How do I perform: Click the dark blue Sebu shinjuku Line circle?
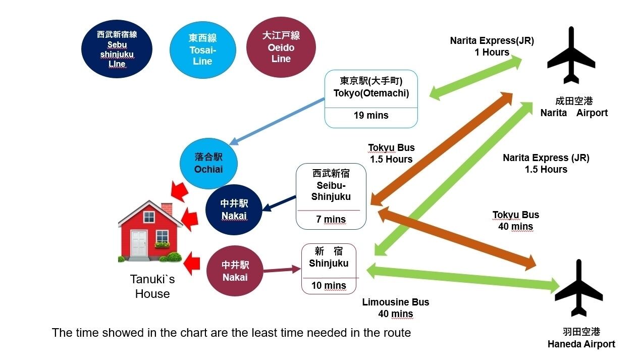(117, 49)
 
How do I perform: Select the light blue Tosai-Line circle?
(202, 49)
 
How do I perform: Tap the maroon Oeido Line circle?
(281, 47)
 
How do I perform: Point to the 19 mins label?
(371, 116)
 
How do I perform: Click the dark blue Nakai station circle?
(234, 210)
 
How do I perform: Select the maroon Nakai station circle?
(235, 271)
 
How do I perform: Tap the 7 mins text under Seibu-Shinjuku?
(331, 219)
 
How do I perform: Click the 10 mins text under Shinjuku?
(329, 286)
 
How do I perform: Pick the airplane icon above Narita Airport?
(571, 56)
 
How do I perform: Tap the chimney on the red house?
(167, 209)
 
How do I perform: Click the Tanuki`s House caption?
(152, 286)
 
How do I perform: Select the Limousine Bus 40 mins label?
(395, 308)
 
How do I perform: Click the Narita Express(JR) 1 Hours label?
(492, 46)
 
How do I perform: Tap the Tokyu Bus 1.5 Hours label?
(391, 153)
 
